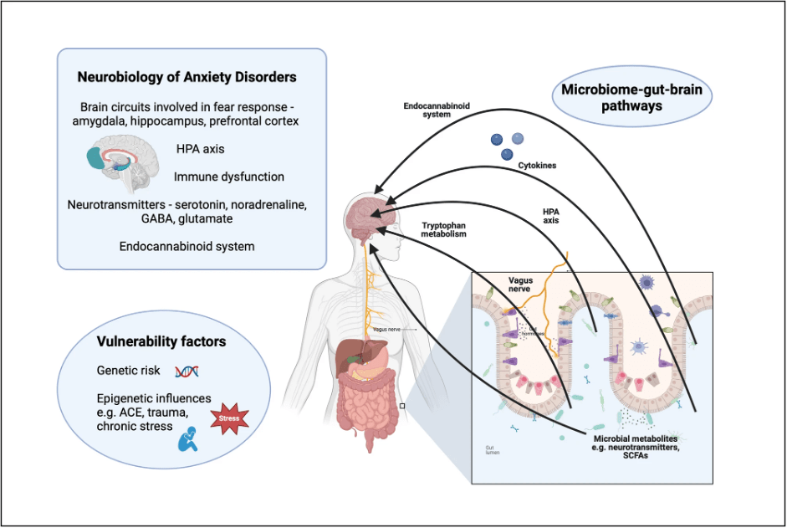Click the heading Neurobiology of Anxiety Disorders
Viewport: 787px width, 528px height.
click(x=187, y=77)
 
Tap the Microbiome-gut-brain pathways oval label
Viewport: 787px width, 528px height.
click(x=632, y=99)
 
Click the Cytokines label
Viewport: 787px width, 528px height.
click(x=537, y=166)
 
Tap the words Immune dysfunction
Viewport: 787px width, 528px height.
click(x=229, y=177)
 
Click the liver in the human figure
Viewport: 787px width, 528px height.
click(x=348, y=357)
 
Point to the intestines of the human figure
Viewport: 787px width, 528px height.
click(x=368, y=402)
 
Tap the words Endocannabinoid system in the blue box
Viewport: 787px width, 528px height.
click(x=187, y=247)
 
